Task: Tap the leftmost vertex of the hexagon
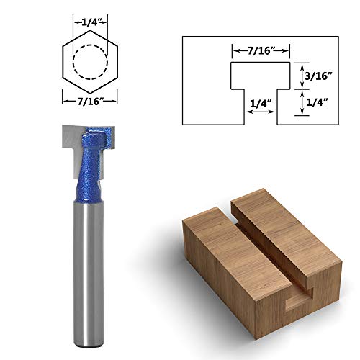tap(63, 62)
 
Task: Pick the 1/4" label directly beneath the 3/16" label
tap(316, 102)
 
